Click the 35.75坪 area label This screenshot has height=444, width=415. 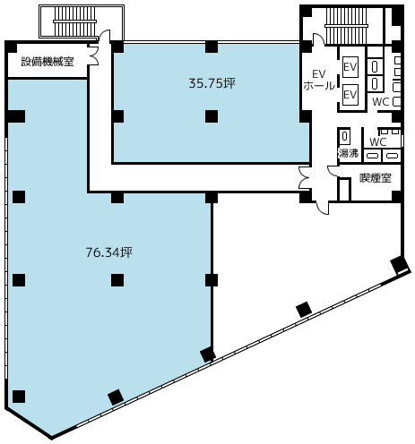212,83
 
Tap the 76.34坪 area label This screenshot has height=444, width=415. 109,252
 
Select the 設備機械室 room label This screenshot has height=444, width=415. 48,62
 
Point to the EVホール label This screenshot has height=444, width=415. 319,80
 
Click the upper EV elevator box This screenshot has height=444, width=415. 350,67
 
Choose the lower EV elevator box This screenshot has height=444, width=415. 350,95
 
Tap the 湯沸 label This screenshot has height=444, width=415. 349,153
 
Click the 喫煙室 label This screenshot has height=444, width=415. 376,178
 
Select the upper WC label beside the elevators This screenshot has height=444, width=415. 380,102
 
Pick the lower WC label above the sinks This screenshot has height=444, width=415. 378,141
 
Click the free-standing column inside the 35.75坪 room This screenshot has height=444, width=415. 212,116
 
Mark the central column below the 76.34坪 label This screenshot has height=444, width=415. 117,280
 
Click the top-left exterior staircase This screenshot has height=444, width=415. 75,21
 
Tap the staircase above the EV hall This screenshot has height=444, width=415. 342,26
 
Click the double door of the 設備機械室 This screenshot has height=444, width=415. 94,55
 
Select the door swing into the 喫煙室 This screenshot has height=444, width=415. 333,171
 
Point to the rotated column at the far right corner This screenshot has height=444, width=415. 400,265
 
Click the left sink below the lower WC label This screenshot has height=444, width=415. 373,156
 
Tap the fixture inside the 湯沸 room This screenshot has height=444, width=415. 345,136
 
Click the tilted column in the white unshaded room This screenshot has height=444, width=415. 304,310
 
